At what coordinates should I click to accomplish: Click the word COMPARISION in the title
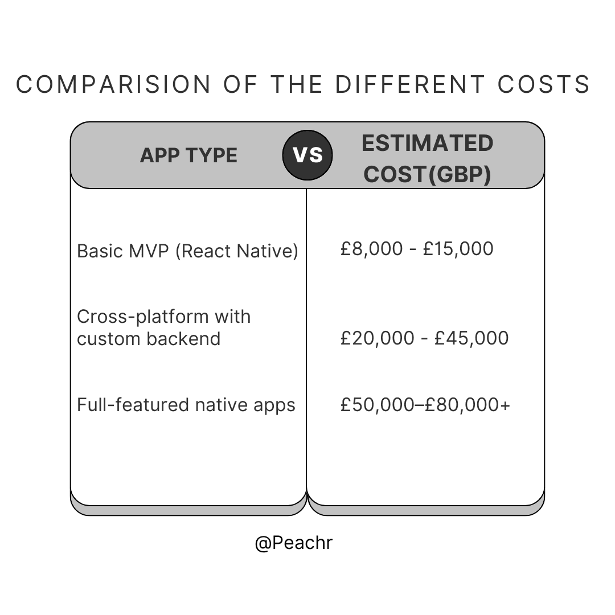tap(113, 85)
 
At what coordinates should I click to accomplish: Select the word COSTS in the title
tap(544, 85)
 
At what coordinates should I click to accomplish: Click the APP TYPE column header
tap(188, 155)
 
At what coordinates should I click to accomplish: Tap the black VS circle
tap(307, 155)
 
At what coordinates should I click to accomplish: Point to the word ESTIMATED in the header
tap(427, 143)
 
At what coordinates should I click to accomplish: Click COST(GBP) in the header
tap(427, 174)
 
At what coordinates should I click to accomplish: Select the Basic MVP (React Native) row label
tap(187, 251)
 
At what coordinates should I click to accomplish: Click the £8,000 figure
tap(371, 249)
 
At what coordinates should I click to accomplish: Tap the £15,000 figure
tap(458, 249)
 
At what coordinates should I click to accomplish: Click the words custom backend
tap(149, 339)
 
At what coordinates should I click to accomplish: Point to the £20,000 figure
tap(376, 338)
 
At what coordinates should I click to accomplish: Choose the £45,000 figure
tap(471, 338)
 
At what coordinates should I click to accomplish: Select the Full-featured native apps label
tap(186, 405)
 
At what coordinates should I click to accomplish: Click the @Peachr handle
tap(293, 543)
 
